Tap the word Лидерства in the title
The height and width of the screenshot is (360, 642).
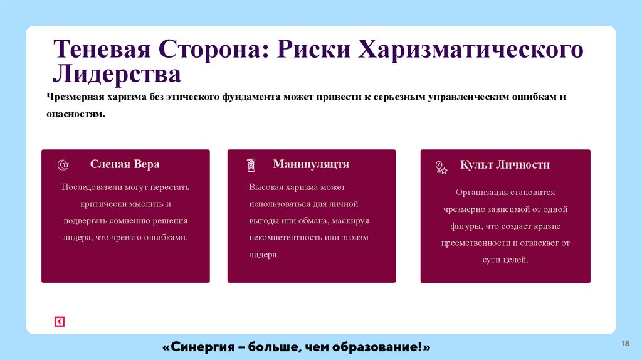(117, 74)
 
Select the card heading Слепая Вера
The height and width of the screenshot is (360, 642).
(125, 164)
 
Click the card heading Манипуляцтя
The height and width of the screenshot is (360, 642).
(311, 164)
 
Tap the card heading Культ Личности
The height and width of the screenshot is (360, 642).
(505, 165)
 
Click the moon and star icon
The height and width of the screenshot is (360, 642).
(63, 165)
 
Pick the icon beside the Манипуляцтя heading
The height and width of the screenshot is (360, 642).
(251, 165)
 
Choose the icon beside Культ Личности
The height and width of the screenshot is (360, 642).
(441, 167)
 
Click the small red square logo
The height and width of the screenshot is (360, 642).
(60, 322)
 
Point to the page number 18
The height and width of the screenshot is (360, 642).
(624, 343)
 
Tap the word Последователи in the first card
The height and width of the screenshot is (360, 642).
(90, 188)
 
